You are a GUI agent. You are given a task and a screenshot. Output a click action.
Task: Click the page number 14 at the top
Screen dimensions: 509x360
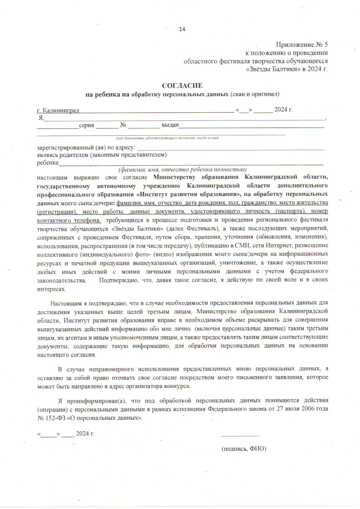pyautogui.click(x=182, y=29)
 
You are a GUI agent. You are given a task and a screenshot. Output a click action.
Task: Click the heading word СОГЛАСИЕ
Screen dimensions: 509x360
pyautogui.click(x=182, y=86)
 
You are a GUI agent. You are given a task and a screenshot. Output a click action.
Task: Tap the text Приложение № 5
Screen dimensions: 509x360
pyautogui.click(x=302, y=45)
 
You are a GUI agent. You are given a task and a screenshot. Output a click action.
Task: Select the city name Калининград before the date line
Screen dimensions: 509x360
pyautogui.click(x=60, y=110)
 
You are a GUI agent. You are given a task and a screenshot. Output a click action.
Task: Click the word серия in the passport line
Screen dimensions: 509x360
pyautogui.click(x=87, y=125)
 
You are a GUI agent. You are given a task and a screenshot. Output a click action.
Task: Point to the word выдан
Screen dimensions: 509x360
pyautogui.click(x=170, y=125)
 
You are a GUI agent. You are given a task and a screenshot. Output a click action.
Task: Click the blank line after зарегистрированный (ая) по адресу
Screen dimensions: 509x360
pyautogui.click(x=231, y=149)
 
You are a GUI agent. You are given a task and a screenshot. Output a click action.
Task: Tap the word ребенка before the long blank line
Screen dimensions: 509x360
pyautogui.click(x=48, y=163)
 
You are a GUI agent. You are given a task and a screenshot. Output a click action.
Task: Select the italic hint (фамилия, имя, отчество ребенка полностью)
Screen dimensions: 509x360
pyautogui.click(x=182, y=170)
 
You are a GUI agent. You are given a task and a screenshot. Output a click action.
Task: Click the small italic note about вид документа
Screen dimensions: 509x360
pyautogui.click(x=167, y=138)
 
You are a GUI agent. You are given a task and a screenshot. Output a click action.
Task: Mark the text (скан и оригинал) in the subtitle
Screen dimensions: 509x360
pyautogui.click(x=255, y=94)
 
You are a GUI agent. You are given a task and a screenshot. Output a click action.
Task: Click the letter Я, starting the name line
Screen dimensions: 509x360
pyautogui.click(x=41, y=118)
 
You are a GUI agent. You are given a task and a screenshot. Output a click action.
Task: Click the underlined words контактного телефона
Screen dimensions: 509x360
pyautogui.click(x=69, y=220)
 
